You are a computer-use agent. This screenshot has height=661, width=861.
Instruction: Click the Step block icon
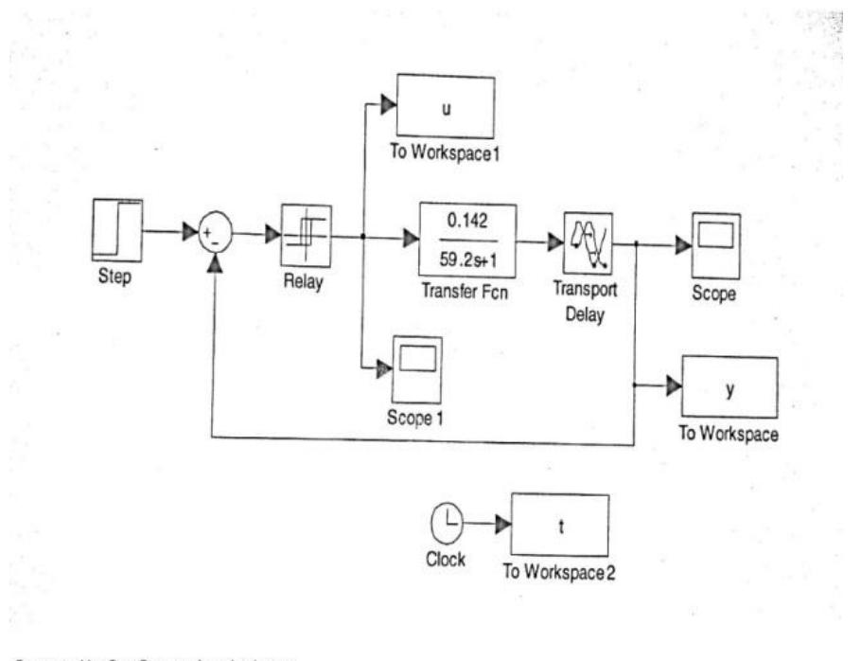[x=117, y=228]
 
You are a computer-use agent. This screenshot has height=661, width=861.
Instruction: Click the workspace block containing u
[x=445, y=106]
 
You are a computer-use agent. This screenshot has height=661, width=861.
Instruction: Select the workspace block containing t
[x=561, y=525]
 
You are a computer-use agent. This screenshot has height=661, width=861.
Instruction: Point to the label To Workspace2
[x=558, y=572]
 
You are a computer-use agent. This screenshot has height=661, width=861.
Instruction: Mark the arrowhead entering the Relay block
[x=271, y=235]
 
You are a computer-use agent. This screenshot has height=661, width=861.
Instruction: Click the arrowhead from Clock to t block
[x=501, y=523]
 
